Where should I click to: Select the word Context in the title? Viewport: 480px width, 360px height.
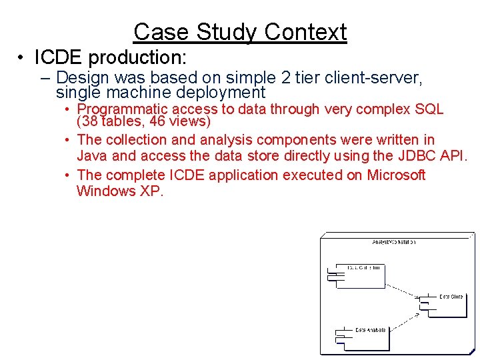click(305, 32)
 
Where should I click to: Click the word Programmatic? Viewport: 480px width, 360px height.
click(122, 109)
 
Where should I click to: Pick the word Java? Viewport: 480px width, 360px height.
click(91, 156)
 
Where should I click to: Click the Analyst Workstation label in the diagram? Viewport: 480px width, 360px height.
click(393, 242)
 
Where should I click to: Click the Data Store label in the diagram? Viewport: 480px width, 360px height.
click(451, 297)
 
